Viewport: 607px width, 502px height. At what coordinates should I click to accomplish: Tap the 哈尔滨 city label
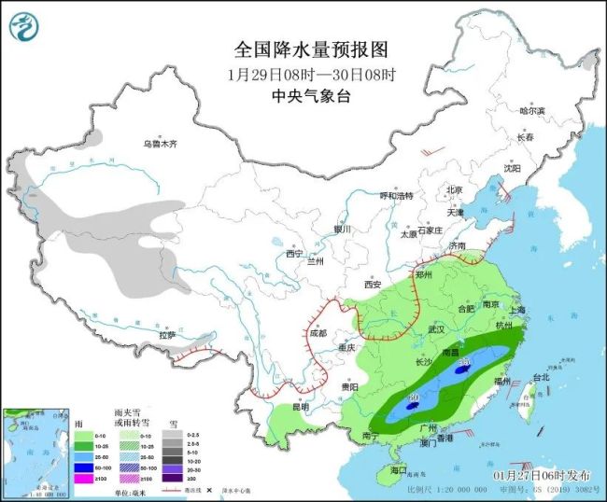click(x=531, y=110)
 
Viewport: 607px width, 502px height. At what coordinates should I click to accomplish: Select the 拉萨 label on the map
click(x=168, y=334)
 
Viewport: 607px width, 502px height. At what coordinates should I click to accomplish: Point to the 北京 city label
click(x=455, y=189)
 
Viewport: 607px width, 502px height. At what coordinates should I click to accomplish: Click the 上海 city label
click(x=515, y=309)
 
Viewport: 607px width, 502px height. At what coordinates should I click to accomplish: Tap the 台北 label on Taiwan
click(x=541, y=377)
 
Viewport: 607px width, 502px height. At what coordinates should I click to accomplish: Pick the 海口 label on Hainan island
click(x=400, y=469)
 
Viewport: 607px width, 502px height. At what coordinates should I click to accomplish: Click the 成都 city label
click(x=318, y=332)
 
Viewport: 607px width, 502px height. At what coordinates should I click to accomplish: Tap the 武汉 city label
click(x=435, y=329)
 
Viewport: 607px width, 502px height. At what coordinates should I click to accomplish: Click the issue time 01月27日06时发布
click(x=543, y=475)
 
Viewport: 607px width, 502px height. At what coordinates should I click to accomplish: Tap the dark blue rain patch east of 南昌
click(x=460, y=370)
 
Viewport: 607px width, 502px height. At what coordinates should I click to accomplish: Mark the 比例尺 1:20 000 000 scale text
click(x=445, y=489)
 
